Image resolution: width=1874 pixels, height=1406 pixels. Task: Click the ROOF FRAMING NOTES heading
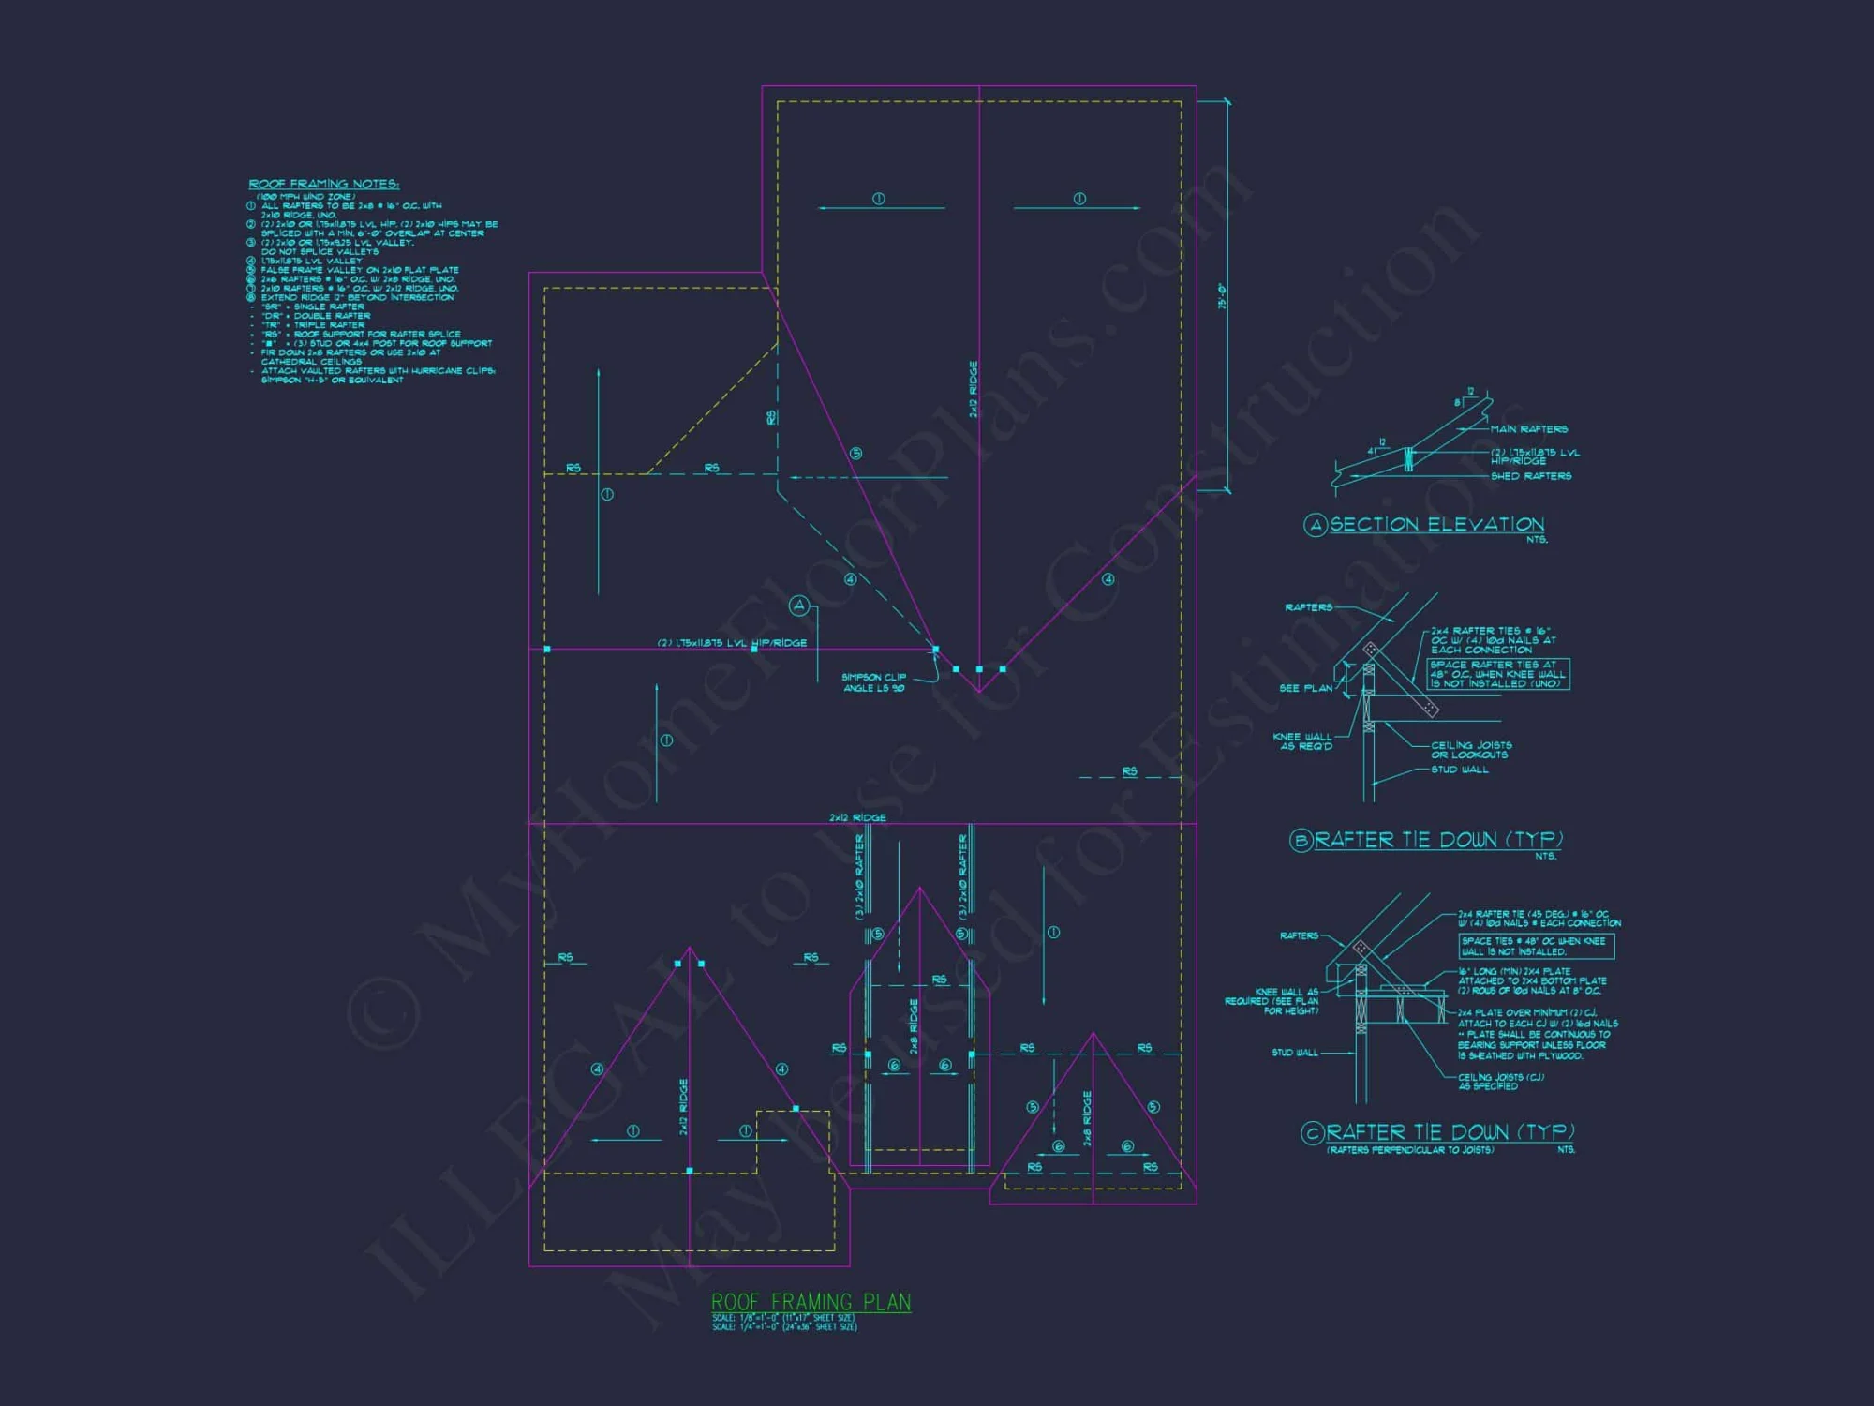pyautogui.click(x=323, y=184)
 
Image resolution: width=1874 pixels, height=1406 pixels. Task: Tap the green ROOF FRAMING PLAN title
pyautogui.click(x=811, y=1302)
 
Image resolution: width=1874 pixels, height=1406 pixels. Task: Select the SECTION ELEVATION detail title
pyautogui.click(x=1436, y=525)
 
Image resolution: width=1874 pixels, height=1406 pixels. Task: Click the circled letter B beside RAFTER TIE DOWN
pyautogui.click(x=1301, y=840)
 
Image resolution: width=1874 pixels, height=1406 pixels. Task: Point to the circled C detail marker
pyautogui.click(x=1312, y=1133)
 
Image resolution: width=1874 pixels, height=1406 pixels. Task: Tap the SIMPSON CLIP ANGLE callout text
pyautogui.click(x=873, y=682)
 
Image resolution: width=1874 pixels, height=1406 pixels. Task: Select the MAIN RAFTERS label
pyautogui.click(x=1529, y=429)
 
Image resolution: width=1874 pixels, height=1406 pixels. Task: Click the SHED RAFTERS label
pyautogui.click(x=1531, y=476)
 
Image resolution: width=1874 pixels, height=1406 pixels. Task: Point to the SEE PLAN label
pyautogui.click(x=1305, y=688)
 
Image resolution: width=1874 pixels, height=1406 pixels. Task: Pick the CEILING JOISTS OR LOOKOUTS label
pyautogui.click(x=1470, y=750)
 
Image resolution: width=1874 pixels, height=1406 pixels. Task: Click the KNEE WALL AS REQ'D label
pyautogui.click(x=1302, y=741)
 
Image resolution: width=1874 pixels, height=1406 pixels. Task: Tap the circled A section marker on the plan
pyautogui.click(x=799, y=606)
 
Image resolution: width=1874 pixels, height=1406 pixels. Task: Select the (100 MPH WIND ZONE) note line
pyautogui.click(x=306, y=197)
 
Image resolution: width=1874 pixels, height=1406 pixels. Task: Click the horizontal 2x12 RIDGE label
pyautogui.click(x=857, y=817)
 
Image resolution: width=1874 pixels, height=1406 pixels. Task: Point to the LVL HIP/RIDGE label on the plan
pyautogui.click(x=732, y=643)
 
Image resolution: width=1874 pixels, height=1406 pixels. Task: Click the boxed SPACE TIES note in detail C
pyautogui.click(x=1537, y=946)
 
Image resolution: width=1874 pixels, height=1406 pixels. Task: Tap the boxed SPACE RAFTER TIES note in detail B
pyautogui.click(x=1497, y=674)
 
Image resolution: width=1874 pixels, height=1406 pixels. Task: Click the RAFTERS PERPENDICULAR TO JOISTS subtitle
pyautogui.click(x=1410, y=1150)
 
